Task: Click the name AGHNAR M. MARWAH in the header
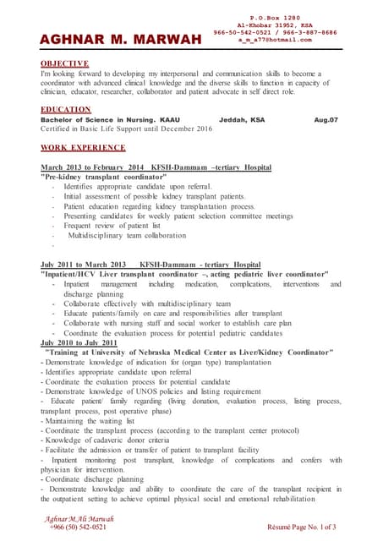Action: (121, 40)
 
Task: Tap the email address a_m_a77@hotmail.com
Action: (275, 39)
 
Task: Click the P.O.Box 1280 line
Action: (275, 18)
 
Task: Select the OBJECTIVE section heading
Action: (65, 63)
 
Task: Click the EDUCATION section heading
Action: (65, 110)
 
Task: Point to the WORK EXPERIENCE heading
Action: (83, 148)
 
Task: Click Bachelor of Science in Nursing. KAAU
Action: (110, 120)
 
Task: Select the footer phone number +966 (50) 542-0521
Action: (78, 527)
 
